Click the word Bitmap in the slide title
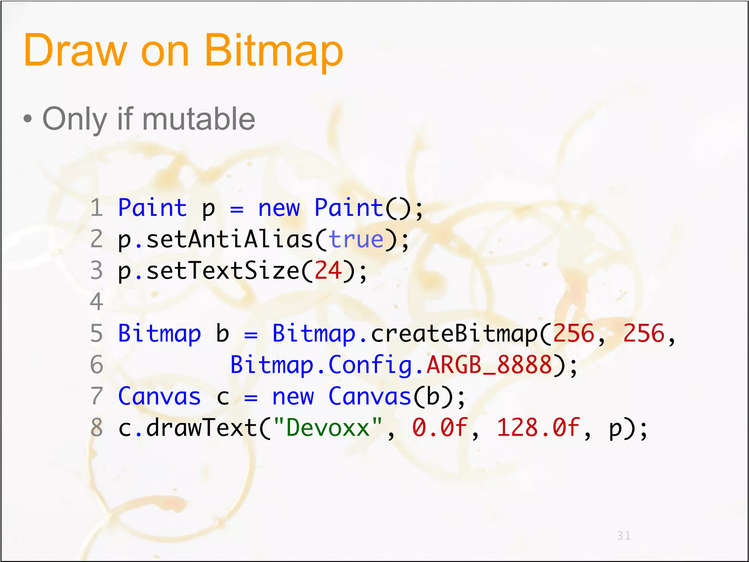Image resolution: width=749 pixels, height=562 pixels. pos(274,50)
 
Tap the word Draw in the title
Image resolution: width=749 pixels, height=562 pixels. pos(75,50)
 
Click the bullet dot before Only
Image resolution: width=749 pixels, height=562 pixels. pos(27,119)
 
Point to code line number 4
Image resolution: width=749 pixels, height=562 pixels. pos(97,302)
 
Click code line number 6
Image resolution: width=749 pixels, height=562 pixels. pos(97,365)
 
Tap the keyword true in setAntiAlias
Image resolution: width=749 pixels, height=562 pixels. pos(356,240)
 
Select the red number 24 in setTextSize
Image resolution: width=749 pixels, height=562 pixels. pos(328,271)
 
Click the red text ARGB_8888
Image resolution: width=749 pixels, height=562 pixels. pos(489,365)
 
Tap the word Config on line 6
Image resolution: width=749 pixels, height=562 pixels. pos(370,366)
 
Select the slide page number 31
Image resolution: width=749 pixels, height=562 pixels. pos(624,536)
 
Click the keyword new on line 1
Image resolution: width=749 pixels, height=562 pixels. pos(279,208)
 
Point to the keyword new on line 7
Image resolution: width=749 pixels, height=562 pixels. pos(293,397)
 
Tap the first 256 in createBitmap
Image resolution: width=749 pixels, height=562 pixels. pos(573,334)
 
